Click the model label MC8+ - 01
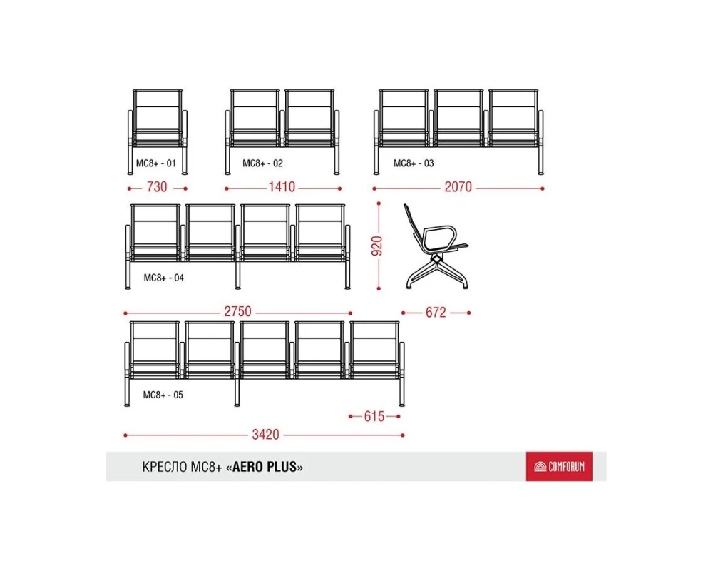click(x=156, y=163)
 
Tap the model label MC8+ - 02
click(x=262, y=163)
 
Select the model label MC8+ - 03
click(x=414, y=163)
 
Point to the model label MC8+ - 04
click(x=164, y=278)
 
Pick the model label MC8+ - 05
click(x=163, y=395)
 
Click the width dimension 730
click(x=157, y=187)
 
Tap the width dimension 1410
click(x=282, y=187)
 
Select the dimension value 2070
click(x=458, y=187)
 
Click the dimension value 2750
click(x=237, y=311)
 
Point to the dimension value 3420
click(x=265, y=435)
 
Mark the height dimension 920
click(x=377, y=246)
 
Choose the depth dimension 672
click(x=436, y=313)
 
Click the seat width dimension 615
click(x=374, y=416)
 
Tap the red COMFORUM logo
click(x=559, y=466)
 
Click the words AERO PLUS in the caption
click(x=265, y=467)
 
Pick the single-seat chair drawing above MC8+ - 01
click(x=158, y=131)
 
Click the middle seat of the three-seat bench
click(x=458, y=118)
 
